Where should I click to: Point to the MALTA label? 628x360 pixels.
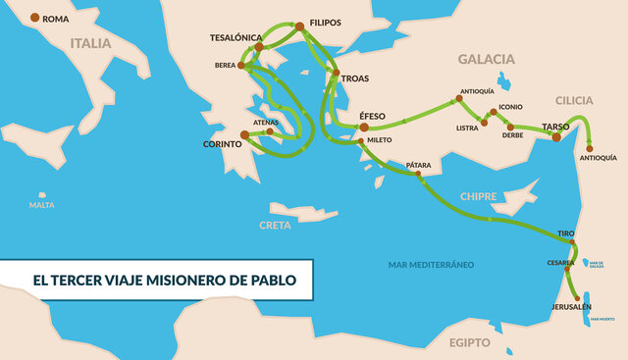[x=41, y=205]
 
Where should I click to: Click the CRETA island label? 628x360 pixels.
[x=275, y=225]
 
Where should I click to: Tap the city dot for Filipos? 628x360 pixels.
[x=300, y=26]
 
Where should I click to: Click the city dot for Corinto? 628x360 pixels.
[x=244, y=135]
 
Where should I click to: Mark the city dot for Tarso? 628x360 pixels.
[x=556, y=137]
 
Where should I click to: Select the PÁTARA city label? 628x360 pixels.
[x=420, y=165]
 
